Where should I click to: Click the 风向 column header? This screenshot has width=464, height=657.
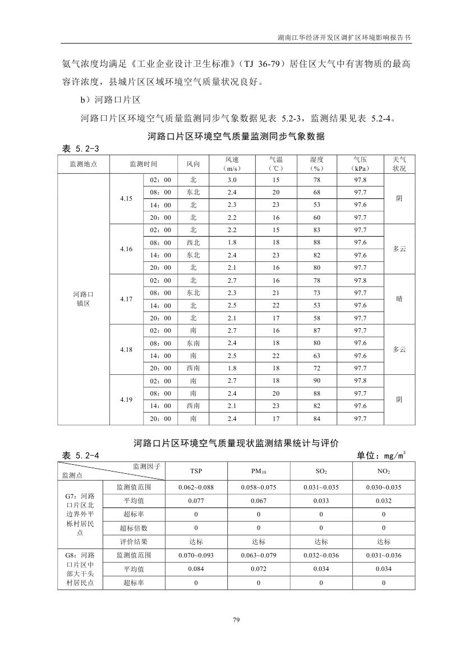(193, 164)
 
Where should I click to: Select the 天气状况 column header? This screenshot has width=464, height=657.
(399, 164)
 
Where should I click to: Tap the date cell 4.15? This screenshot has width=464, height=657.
(126, 198)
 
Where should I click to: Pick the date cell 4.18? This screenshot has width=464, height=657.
(126, 350)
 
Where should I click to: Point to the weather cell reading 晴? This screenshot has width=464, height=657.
(399, 299)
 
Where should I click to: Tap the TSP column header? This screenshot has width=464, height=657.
(196, 471)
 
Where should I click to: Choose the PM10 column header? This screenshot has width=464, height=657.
(259, 471)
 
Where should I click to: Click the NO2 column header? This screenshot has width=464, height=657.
(384, 471)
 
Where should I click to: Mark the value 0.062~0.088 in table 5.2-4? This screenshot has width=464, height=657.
(196, 487)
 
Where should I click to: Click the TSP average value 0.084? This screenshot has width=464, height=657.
(196, 569)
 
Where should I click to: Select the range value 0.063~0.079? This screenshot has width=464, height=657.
(259, 555)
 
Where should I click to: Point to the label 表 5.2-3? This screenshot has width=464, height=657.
(80, 148)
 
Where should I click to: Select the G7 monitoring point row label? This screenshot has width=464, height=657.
(80, 514)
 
